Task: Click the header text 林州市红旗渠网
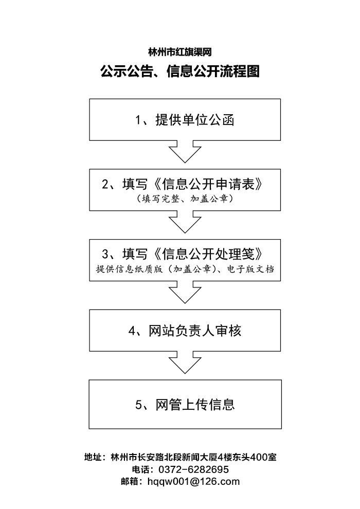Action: point(180,52)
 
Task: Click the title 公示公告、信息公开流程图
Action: point(180,71)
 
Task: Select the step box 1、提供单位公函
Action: point(185,120)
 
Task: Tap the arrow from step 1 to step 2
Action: point(185,152)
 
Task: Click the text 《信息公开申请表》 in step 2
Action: point(208,184)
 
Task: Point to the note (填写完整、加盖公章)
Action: point(185,198)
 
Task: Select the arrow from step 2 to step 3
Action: point(185,222)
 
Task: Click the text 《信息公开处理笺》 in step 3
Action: point(208,254)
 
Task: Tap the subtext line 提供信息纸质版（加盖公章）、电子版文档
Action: point(185,269)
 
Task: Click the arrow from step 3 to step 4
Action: point(185,292)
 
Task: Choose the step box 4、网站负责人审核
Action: point(185,331)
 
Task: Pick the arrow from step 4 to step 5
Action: point(185,362)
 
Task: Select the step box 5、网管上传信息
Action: point(185,405)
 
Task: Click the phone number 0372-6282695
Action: point(193,469)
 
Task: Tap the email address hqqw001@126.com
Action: point(193,481)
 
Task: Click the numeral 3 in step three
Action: point(105,254)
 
